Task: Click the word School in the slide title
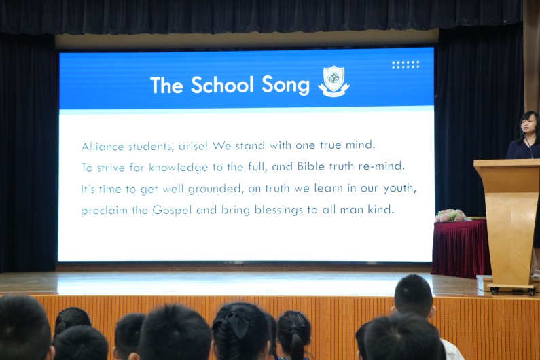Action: [x=222, y=85]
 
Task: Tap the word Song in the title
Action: [x=285, y=86]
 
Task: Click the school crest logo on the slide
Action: [x=334, y=82]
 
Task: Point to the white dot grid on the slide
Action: [x=406, y=65]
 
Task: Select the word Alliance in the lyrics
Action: [x=103, y=147]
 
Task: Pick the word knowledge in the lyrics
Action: [x=179, y=168]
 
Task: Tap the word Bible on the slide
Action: [x=311, y=166]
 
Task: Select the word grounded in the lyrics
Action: [x=214, y=189]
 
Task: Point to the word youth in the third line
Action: [x=400, y=188]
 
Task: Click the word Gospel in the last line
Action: [x=172, y=210]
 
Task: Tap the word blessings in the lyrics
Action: [x=278, y=210]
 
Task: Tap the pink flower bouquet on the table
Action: [x=450, y=216]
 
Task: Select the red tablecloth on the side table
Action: [x=461, y=249]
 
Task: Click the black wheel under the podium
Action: [x=495, y=291]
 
